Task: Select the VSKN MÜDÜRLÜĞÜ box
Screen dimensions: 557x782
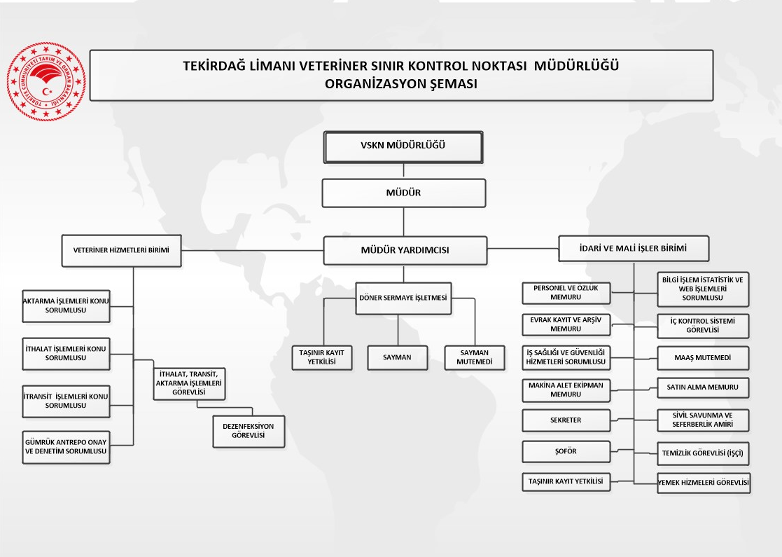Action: pos(403,146)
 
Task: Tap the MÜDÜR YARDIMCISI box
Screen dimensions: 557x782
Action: pos(405,250)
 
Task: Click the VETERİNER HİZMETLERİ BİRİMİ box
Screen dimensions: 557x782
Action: pos(121,250)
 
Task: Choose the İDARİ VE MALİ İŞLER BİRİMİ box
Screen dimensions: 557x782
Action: pos(634,248)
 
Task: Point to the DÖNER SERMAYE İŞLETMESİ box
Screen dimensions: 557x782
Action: pos(404,297)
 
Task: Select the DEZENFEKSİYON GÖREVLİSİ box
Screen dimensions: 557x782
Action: pos(249,430)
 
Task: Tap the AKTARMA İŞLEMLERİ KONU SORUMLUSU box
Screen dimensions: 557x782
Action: pos(66,305)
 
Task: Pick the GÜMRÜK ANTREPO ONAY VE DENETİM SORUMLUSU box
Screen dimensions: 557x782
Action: pos(66,447)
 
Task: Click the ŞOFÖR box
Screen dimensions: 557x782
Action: pos(566,451)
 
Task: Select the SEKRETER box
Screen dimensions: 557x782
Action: pos(566,420)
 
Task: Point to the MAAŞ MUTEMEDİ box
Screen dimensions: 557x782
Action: pos(703,357)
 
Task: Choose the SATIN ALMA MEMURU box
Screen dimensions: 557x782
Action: pos(703,387)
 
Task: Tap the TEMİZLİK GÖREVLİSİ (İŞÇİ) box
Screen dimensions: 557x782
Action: pos(703,453)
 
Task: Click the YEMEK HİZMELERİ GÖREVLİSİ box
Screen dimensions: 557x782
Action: pos(703,482)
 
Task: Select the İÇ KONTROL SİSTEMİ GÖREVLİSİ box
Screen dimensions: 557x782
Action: pos(703,326)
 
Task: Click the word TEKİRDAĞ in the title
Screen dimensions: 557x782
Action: pos(213,67)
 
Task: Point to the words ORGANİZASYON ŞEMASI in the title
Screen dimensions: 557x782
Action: pos(401,83)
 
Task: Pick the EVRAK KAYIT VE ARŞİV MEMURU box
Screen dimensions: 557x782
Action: pos(566,324)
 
